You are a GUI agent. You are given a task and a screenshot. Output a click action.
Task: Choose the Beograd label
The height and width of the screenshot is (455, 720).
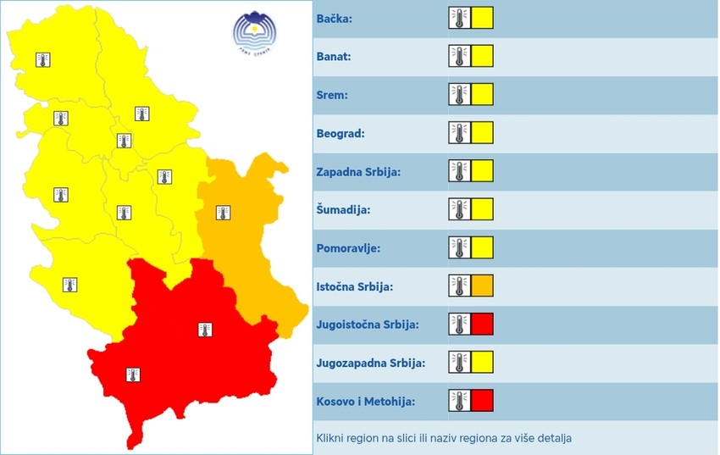pyautogui.click(x=341, y=133)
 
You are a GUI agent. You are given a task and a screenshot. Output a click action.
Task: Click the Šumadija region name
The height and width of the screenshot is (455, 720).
pyautogui.click(x=344, y=209)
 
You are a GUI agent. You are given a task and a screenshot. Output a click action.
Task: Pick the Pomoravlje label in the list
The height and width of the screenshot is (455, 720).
pyautogui.click(x=348, y=248)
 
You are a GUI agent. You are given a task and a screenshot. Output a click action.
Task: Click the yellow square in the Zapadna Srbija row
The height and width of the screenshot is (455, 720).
pyautogui.click(x=482, y=171)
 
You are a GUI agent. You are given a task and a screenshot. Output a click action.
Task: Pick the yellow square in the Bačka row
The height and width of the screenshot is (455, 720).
pyautogui.click(x=482, y=19)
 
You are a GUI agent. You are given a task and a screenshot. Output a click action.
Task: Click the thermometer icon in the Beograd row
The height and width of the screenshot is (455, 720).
pyautogui.click(x=459, y=133)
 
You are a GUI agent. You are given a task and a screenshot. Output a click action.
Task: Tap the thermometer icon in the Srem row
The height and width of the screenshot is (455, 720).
pyautogui.click(x=459, y=95)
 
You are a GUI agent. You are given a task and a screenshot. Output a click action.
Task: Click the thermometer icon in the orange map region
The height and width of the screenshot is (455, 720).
pyautogui.click(x=223, y=212)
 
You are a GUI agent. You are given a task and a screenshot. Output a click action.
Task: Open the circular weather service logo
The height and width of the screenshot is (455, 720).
pyautogui.click(x=255, y=34)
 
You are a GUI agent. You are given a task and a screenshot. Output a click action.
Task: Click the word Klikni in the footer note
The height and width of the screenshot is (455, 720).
pyautogui.click(x=332, y=438)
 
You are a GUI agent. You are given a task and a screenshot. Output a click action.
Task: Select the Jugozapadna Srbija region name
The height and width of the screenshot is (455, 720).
pyautogui.click(x=370, y=363)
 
